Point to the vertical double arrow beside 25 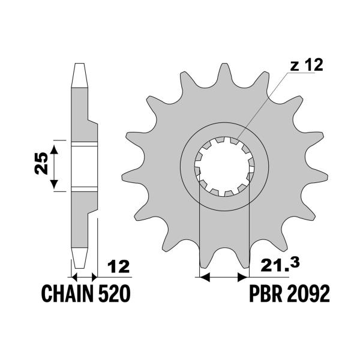[55, 166]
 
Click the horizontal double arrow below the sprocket [223, 278]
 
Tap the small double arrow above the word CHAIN [83, 277]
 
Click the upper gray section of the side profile [82, 114]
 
